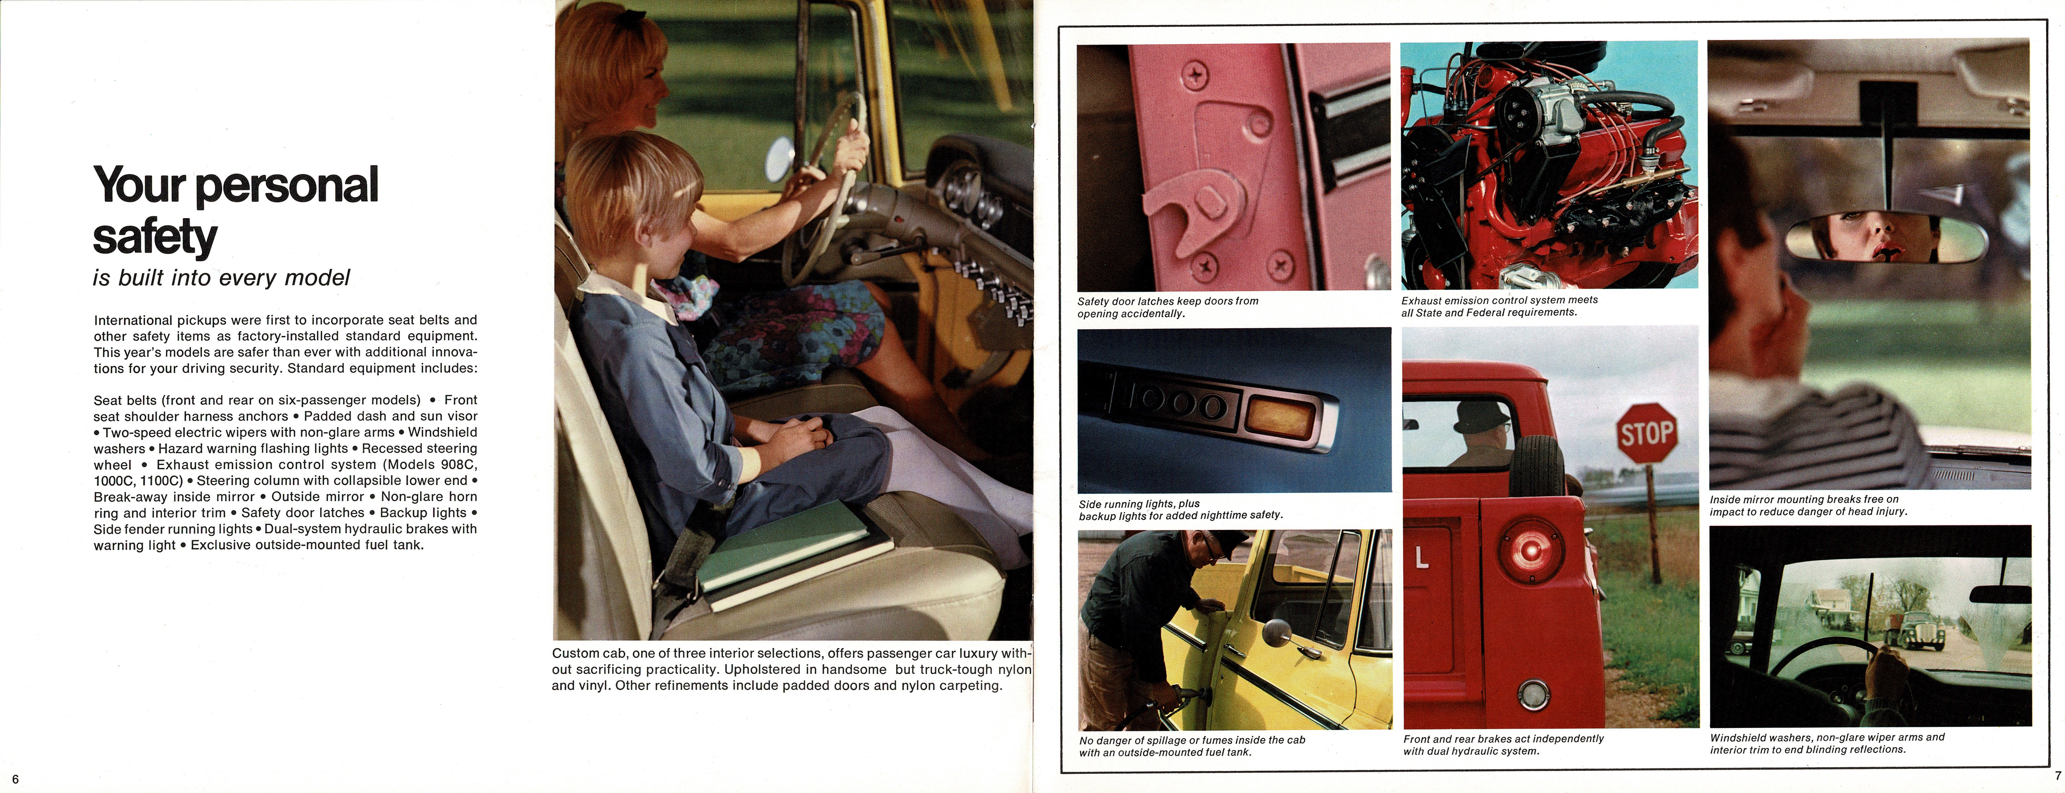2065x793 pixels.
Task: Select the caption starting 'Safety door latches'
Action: pos(1167,307)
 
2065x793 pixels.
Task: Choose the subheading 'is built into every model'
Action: pos(221,278)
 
